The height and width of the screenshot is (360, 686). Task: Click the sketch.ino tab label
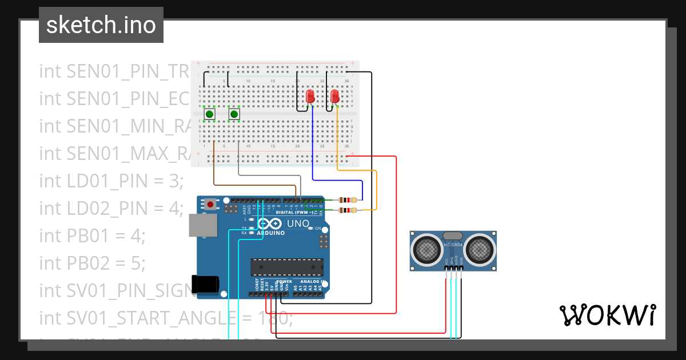tap(101, 25)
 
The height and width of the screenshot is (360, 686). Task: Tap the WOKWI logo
tap(607, 315)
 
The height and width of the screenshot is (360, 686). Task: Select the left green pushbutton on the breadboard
tap(210, 114)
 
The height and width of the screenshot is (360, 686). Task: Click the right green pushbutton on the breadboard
tap(234, 114)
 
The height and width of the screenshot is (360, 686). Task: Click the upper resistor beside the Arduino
tap(348, 200)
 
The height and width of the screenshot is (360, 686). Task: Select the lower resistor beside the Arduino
tap(348, 210)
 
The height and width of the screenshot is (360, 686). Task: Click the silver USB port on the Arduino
tap(203, 225)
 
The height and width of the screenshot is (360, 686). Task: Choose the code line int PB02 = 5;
tap(92, 263)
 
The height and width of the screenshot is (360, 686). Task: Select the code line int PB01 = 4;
tap(92, 235)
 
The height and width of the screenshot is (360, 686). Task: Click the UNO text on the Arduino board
tap(297, 223)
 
